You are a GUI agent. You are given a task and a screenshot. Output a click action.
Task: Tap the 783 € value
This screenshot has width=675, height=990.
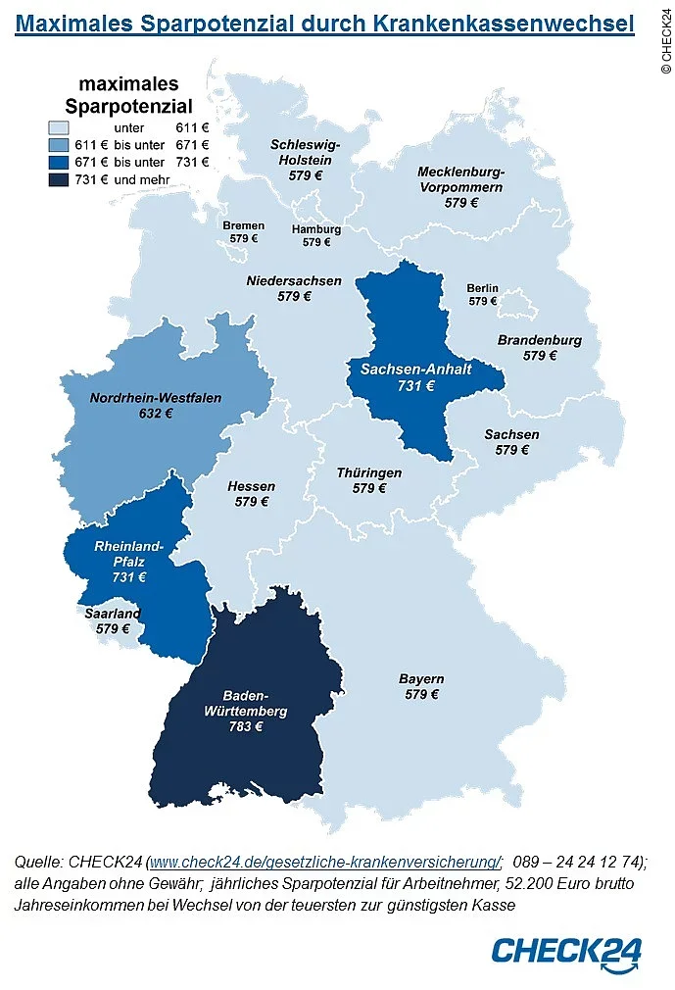coord(246,726)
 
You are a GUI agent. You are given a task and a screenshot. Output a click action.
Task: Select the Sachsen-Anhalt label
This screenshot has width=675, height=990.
coord(415,370)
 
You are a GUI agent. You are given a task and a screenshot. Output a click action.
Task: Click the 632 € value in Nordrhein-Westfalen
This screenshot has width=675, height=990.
coord(156,414)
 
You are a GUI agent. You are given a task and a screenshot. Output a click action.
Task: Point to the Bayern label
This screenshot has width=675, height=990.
coord(421,679)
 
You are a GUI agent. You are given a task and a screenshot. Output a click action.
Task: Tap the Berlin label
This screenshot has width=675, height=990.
coord(482,288)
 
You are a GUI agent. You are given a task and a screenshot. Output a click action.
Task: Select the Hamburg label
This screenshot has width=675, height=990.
coord(316,229)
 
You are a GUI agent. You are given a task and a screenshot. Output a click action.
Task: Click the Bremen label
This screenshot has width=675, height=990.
coord(243,225)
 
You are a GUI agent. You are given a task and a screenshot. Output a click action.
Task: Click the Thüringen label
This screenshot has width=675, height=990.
coord(368,472)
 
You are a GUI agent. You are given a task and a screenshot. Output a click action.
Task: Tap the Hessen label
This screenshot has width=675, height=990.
coord(252,486)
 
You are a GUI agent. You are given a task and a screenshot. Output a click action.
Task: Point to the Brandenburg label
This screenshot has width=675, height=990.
coord(539,340)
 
